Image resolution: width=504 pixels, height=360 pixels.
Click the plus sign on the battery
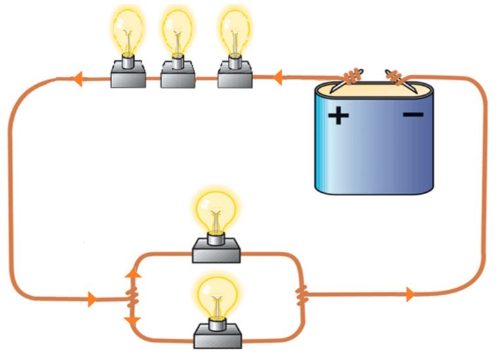(x=339, y=117)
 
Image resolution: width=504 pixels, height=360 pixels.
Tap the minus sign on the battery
(x=413, y=115)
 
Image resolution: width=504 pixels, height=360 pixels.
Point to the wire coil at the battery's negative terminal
(x=396, y=77)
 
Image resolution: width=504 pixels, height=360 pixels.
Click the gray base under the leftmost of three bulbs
(x=127, y=76)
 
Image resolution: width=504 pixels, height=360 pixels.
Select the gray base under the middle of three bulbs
(x=179, y=76)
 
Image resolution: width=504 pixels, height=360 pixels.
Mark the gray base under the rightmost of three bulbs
(x=235, y=76)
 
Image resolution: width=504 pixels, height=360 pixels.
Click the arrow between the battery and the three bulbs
(x=278, y=79)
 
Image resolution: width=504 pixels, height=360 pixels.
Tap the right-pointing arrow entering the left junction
(x=92, y=300)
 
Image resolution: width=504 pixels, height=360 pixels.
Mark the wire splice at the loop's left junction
(x=133, y=298)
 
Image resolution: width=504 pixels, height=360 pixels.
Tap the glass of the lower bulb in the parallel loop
(x=217, y=294)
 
